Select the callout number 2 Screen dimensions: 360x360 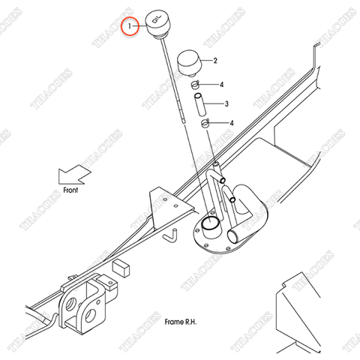coord(215,60)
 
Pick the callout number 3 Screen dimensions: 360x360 coord(226,103)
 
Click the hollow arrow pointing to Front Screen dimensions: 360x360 coord(73,177)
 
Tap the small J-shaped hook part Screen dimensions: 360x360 coord(170,234)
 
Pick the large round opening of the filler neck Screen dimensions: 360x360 coord(210,223)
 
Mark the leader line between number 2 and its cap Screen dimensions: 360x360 coord(207,60)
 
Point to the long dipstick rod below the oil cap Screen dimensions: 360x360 coord(176,112)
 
